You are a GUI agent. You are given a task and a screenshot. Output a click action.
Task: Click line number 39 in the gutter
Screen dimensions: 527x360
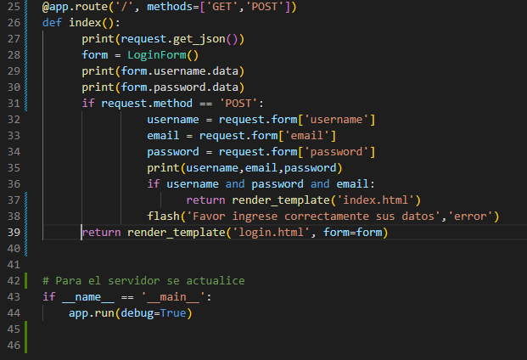[x=14, y=233]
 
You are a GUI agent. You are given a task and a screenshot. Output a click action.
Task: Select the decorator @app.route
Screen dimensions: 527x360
[x=75, y=7]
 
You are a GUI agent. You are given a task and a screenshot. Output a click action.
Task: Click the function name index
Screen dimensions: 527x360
[x=85, y=23]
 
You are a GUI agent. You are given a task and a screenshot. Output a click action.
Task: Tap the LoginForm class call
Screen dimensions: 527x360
[x=157, y=55]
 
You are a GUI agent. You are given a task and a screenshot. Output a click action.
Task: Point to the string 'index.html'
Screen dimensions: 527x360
[x=375, y=200]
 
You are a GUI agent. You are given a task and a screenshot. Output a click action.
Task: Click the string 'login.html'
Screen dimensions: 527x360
[x=272, y=233]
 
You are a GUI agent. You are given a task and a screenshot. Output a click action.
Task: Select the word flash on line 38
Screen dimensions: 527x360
[x=163, y=217]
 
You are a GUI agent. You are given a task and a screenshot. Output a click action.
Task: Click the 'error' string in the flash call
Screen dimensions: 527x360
[x=470, y=217]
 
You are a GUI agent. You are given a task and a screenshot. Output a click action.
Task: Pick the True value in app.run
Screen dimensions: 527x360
[x=173, y=313]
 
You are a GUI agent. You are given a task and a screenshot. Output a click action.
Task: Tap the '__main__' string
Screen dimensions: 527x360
[x=173, y=297]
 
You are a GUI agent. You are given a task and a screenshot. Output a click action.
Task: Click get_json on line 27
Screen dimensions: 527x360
[x=199, y=39]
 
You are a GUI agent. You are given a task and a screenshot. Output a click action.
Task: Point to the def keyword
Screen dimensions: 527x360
[x=52, y=23]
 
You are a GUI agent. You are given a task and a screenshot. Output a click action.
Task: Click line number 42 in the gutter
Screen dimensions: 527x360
[x=14, y=281]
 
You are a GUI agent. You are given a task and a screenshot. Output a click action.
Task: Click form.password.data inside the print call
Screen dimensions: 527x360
[x=180, y=87]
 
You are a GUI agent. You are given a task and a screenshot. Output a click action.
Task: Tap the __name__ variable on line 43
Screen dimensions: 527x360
[x=88, y=297]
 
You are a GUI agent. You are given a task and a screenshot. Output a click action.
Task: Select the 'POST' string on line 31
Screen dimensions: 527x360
[x=238, y=104]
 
